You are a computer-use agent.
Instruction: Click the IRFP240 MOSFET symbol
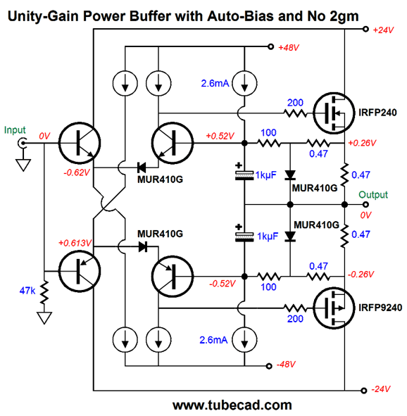click(x=334, y=113)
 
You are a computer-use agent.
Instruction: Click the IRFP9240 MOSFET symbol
click(x=334, y=308)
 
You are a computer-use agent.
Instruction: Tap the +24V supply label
click(x=383, y=30)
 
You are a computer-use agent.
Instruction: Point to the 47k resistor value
click(x=27, y=291)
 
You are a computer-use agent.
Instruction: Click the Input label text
click(x=15, y=130)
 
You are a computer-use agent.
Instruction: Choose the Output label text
click(x=373, y=195)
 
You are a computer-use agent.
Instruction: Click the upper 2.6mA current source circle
click(x=244, y=83)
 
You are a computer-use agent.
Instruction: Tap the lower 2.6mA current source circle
click(x=244, y=340)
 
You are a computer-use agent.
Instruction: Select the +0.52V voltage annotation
click(x=220, y=136)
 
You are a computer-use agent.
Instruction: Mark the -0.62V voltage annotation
click(x=77, y=172)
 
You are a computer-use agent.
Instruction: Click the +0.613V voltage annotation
click(x=75, y=243)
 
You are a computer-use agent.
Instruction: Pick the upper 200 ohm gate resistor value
click(x=295, y=103)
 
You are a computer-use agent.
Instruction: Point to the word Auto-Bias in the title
click(x=240, y=16)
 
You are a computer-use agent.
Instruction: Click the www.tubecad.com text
click(x=232, y=405)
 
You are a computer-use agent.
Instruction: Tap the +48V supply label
click(x=289, y=48)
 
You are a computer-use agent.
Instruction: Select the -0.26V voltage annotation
click(x=361, y=275)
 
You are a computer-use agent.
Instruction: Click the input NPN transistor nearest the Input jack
click(x=80, y=143)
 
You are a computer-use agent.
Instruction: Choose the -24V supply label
click(x=381, y=389)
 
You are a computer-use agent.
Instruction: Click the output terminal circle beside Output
click(x=365, y=205)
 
